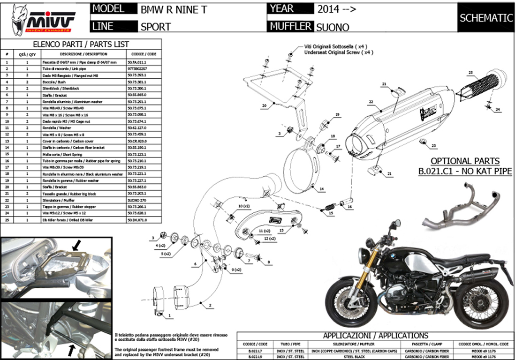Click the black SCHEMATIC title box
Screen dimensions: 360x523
click(x=486, y=18)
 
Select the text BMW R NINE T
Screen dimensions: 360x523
click(x=173, y=9)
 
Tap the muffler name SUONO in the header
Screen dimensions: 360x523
click(x=332, y=27)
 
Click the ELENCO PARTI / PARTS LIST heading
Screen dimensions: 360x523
click(x=81, y=45)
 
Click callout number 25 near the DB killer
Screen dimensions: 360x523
click(x=470, y=72)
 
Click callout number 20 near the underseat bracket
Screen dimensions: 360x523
click(x=264, y=105)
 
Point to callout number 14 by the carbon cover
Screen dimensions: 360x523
click(x=322, y=189)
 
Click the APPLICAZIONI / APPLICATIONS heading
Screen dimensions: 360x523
click(x=375, y=336)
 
